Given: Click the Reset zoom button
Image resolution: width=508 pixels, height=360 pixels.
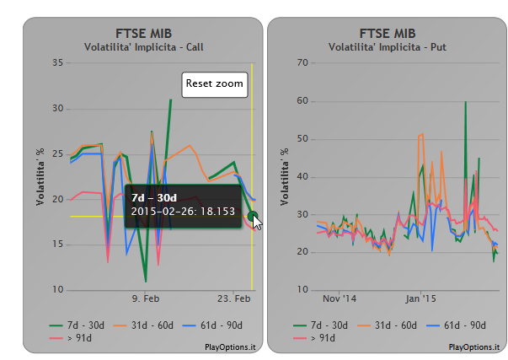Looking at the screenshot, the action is coord(215,84).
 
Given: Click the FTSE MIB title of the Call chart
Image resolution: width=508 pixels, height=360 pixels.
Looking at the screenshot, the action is coord(143,34).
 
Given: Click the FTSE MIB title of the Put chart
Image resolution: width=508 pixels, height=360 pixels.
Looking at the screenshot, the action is coord(388,34).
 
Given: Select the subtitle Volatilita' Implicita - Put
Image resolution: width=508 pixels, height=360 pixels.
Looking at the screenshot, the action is coord(388,47).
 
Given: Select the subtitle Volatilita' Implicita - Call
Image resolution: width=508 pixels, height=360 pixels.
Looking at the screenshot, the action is coord(143,47).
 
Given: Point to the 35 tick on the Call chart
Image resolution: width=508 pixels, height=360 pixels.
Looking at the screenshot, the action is coord(57,62).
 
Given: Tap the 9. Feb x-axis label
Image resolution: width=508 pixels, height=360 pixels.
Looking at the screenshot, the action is coord(146,298).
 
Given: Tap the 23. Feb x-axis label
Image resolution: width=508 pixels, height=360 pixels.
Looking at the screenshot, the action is coord(233,298).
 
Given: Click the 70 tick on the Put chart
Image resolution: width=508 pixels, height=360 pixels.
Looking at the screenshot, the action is coord(302,62).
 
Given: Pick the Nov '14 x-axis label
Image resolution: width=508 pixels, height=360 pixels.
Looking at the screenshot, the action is coord(340,298).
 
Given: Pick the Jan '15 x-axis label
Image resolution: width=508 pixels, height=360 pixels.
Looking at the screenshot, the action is coord(420,298).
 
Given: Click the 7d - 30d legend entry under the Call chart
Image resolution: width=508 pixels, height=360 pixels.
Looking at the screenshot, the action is coord(77,325).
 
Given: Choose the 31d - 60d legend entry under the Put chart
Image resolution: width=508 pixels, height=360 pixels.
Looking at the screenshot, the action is coord(387,325).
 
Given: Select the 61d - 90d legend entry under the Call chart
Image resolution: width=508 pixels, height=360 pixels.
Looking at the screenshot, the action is coord(212,325).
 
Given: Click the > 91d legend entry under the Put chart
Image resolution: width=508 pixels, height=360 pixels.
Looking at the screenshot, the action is coord(314,338).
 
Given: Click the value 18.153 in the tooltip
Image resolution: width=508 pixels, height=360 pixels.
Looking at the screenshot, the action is coord(217,212).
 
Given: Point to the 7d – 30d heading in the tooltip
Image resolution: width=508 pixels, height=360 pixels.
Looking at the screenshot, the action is coord(154,198).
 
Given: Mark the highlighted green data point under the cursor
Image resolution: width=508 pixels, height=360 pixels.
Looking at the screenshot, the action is coord(253,216).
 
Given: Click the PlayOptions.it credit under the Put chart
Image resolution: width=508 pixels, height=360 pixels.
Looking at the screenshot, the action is coord(474,347).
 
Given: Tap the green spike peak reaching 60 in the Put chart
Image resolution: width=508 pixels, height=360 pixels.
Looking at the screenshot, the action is coord(466,102).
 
